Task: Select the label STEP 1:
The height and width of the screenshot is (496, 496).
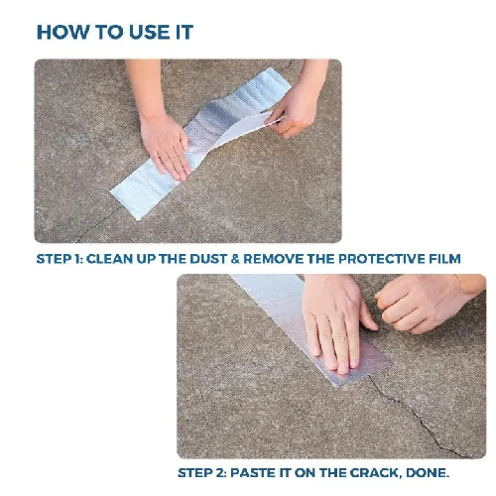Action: click(x=63, y=259)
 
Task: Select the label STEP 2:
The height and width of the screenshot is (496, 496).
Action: click(x=205, y=473)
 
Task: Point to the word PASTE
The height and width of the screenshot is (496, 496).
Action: click(x=260, y=473)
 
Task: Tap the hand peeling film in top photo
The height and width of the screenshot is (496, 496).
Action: click(x=294, y=104)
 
